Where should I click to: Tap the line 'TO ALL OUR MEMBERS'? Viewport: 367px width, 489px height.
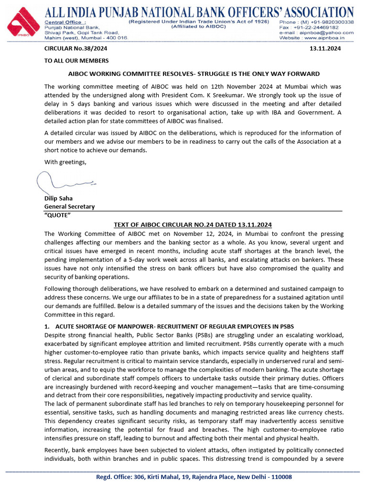(x=76, y=61)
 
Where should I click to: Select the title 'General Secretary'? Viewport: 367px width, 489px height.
(x=69, y=207)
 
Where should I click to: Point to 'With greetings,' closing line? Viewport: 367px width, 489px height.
(x=66, y=162)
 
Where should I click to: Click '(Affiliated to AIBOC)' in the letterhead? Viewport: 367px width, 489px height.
(x=191, y=28)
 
